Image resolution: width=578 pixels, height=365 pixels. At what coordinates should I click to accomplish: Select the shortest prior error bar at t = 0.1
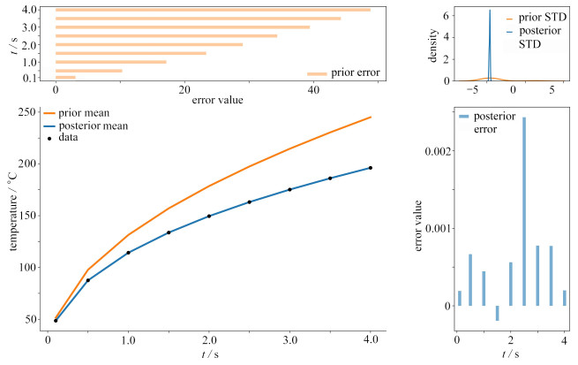65,78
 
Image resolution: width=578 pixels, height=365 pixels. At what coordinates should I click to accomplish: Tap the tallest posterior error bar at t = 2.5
524,211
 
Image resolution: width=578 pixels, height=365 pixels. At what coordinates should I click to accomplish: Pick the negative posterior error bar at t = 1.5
497,313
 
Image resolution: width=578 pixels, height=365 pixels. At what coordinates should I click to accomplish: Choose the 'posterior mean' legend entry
93,125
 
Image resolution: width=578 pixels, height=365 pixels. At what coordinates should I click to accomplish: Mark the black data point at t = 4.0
371,168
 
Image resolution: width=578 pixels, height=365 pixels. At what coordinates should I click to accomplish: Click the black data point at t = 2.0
209,216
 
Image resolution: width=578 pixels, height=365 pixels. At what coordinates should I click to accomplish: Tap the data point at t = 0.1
56,321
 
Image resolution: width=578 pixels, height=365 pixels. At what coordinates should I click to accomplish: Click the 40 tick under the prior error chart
312,90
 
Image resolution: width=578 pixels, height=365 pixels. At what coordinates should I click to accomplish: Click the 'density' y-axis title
432,43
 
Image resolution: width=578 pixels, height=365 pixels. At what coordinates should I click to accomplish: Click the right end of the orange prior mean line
371,117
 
